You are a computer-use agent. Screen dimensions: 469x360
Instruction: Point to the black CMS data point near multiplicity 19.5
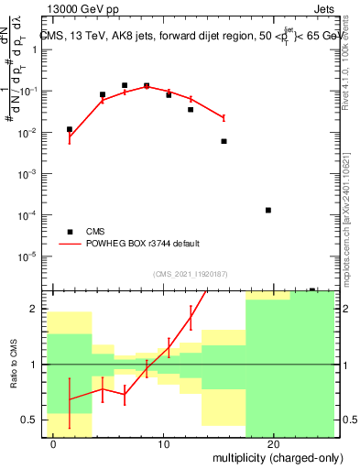pyautogui.click(x=267, y=210)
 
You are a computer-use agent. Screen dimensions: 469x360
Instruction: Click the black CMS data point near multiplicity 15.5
pyautogui.click(x=224, y=141)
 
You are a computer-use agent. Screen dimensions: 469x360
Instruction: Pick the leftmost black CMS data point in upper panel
pyautogui.click(x=70, y=129)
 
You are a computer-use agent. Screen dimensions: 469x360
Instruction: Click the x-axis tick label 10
pyautogui.click(x=163, y=443)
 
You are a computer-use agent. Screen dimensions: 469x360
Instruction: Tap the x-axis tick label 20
pyautogui.click(x=273, y=443)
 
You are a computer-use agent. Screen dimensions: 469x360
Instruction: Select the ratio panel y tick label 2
pyautogui.click(x=37, y=310)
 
